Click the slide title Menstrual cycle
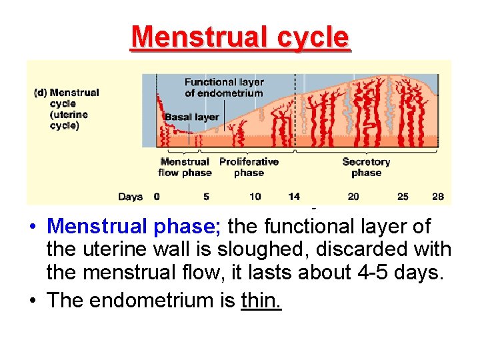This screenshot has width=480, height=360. click(240, 37)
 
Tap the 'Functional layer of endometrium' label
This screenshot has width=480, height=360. click(224, 87)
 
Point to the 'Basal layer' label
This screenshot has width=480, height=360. click(192, 117)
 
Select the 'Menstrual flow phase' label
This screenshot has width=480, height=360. click(185, 167)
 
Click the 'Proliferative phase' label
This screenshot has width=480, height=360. click(249, 167)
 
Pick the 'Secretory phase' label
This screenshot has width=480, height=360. click(366, 167)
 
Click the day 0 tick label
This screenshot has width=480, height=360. click(157, 197)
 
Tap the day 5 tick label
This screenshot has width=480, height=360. click(206, 197)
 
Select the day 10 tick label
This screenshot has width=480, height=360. click(255, 197)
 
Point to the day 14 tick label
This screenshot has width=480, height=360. click(294, 197)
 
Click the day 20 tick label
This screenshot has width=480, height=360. click(353, 197)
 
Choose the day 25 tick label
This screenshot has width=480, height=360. click(403, 197)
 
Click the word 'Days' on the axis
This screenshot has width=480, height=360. click(130, 197)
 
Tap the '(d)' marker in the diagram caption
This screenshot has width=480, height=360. click(40, 93)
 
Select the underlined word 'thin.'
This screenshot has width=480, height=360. click(261, 301)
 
